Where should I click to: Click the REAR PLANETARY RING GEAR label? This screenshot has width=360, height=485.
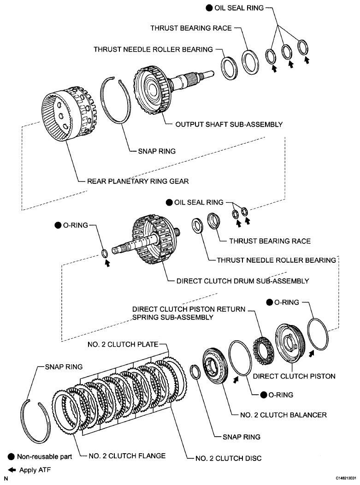coord(138,181)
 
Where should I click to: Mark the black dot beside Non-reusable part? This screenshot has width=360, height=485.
coord(12,457)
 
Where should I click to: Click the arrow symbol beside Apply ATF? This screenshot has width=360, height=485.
coord(12,470)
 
